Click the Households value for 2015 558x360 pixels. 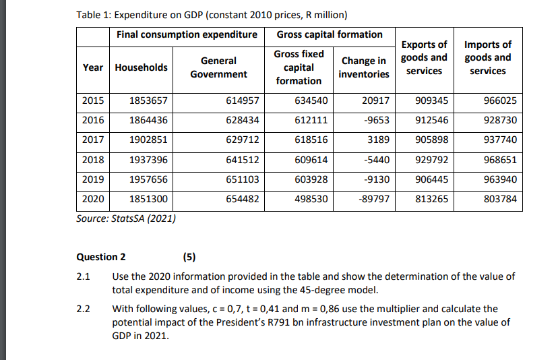coord(148,102)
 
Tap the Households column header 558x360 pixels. coord(142,67)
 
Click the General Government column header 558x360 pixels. coord(218,67)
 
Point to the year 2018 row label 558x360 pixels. coord(93,160)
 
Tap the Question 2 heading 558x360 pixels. coord(102,257)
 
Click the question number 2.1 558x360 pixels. coord(84,277)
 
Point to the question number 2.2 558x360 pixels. coord(84,309)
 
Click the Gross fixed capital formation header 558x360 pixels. coord(299,67)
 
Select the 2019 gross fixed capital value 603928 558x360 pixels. coord(311,180)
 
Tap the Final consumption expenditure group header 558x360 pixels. coord(186,34)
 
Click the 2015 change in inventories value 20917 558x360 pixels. coord(375,102)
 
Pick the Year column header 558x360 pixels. coord(93,67)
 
